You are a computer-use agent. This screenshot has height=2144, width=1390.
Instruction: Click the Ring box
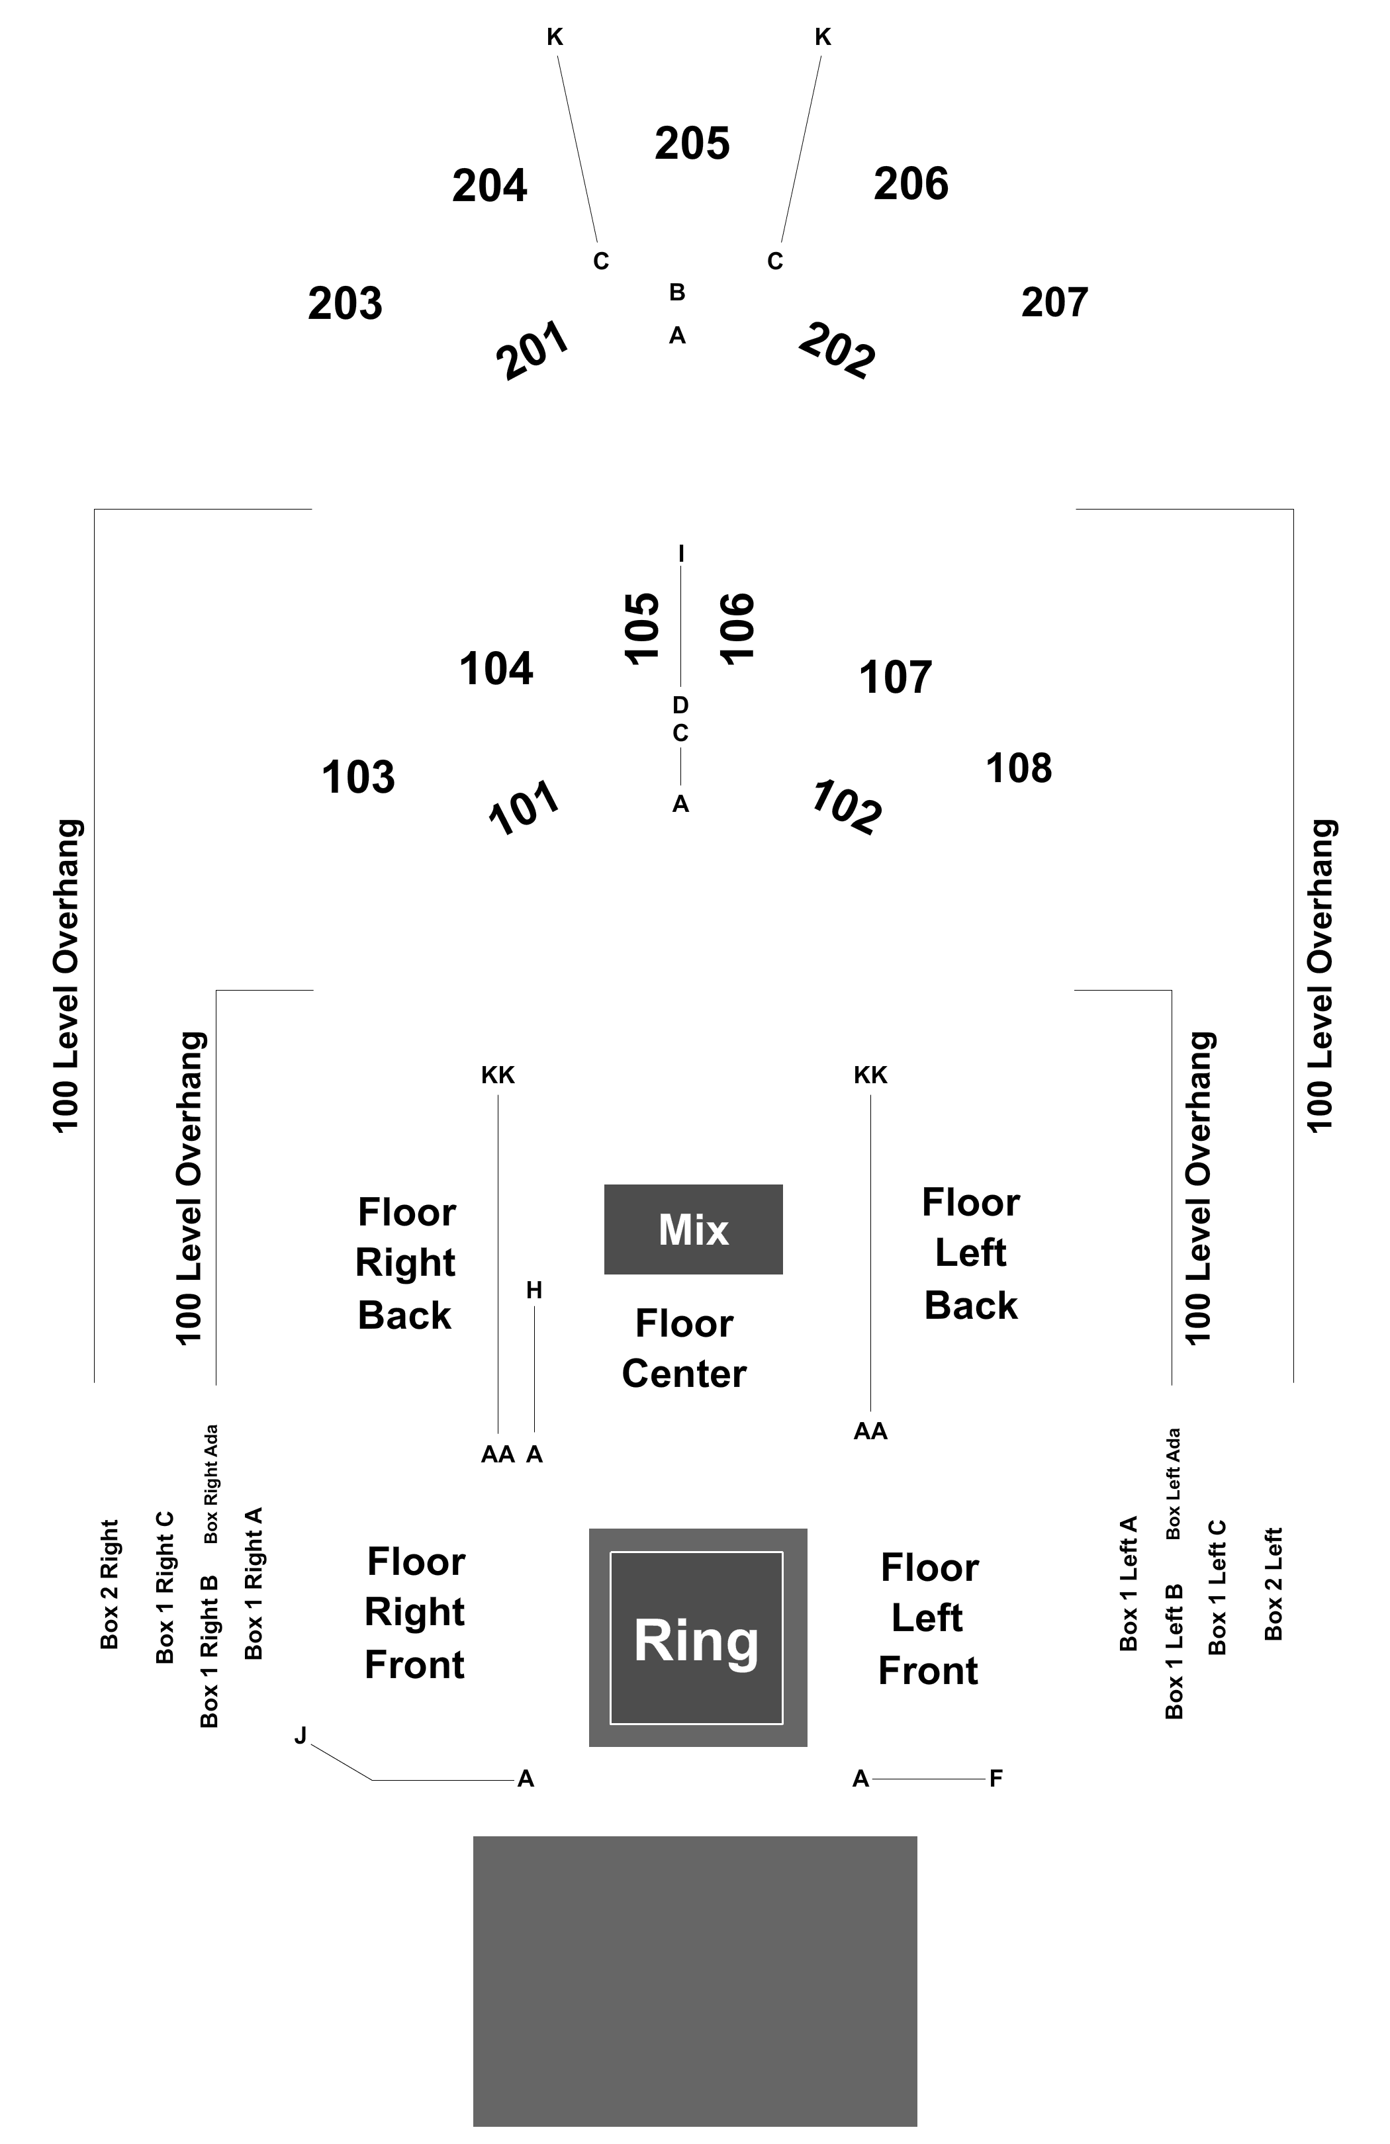697,1637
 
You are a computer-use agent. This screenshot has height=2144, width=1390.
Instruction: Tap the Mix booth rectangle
693,1229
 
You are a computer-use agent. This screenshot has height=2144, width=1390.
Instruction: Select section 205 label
692,143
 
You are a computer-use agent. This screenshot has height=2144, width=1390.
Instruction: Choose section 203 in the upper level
345,304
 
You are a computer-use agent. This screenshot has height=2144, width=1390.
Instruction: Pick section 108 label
1019,768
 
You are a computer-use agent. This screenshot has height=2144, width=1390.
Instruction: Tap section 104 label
496,669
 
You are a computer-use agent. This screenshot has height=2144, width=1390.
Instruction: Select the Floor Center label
684,1349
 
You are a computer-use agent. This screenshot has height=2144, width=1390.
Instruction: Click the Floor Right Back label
406,1263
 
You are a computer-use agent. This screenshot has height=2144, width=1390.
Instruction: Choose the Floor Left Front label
929,1619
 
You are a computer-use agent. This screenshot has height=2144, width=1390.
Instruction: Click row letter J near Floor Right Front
301,1735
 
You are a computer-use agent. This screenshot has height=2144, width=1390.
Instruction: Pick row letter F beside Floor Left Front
996,1778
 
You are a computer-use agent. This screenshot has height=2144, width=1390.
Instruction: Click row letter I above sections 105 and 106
681,554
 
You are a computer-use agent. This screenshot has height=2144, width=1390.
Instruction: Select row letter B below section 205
677,292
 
